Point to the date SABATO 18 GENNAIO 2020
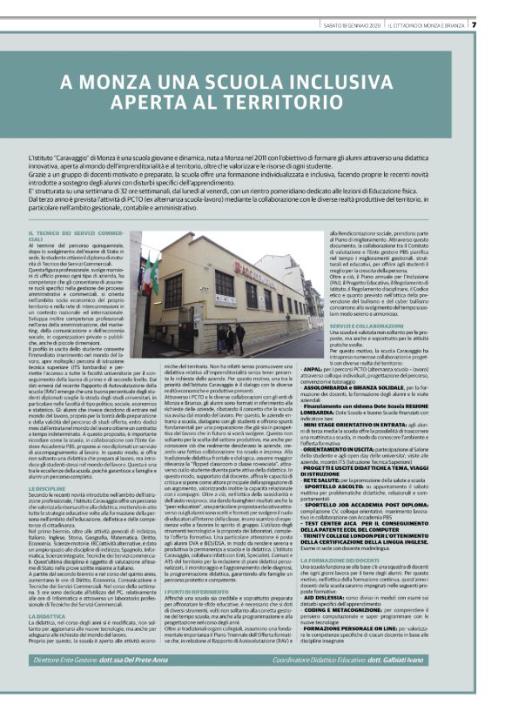point(347,24)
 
